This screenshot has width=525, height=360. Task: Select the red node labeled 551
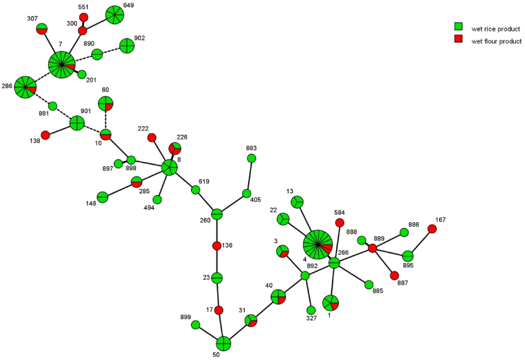[84, 17]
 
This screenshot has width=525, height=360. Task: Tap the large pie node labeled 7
[62, 65]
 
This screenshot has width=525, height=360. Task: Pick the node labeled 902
[126, 46]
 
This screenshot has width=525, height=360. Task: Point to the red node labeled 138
[45, 135]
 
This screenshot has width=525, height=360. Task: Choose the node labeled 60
[106, 104]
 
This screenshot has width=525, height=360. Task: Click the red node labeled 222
[152, 137]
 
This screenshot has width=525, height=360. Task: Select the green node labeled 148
[102, 198]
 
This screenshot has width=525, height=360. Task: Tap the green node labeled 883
[252, 159]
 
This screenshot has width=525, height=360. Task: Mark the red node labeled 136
[217, 246]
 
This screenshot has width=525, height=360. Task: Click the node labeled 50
[223, 343]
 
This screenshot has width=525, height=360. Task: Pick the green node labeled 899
[196, 325]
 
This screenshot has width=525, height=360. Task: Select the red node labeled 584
[339, 223]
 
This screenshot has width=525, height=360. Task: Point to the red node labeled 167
[432, 229]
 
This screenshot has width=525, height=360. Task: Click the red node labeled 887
[394, 275]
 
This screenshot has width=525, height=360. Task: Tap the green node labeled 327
[311, 309]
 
